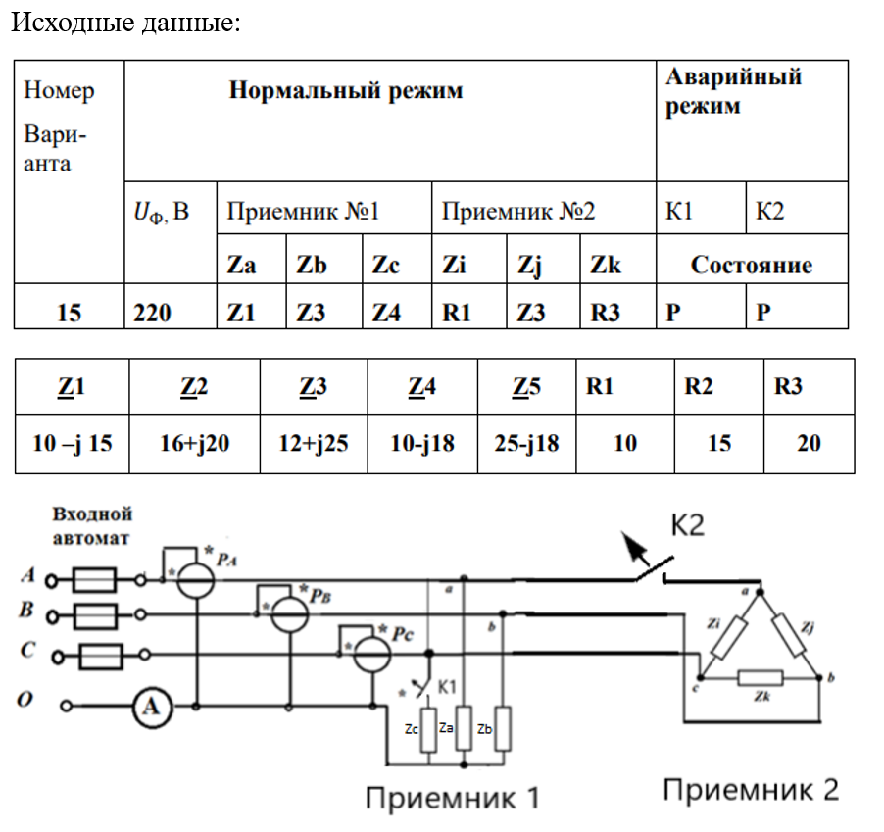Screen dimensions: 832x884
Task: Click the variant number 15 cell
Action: [69, 313]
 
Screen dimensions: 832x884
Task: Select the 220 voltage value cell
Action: [152, 313]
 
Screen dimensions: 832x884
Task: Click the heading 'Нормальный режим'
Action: [345, 91]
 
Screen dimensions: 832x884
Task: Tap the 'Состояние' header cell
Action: [751, 265]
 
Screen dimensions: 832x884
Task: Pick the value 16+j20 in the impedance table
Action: [194, 443]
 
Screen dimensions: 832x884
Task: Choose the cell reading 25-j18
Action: [526, 443]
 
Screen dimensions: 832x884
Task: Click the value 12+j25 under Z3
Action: [313, 443]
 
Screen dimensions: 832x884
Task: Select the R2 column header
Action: [698, 386]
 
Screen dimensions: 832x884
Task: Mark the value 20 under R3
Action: [809, 443]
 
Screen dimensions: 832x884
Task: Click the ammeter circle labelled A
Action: [151, 705]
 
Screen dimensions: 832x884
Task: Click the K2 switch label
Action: [687, 526]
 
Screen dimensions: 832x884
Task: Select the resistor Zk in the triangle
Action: [760, 677]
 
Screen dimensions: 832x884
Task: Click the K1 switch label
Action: [446, 686]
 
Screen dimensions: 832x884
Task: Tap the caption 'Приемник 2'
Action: [751, 790]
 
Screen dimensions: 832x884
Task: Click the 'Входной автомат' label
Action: [92, 525]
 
